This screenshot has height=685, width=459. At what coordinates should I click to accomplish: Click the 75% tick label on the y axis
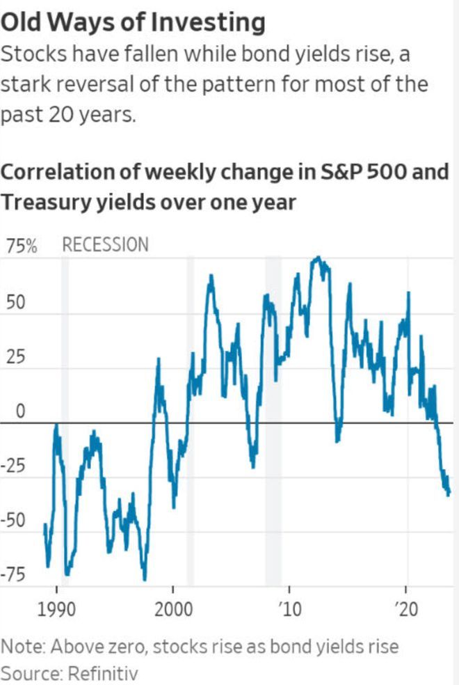pos(21,246)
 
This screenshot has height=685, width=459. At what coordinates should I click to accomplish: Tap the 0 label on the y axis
pos(20,412)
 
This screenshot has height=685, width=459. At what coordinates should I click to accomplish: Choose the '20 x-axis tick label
pos(405,611)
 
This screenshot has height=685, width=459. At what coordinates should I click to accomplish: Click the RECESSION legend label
pos(105,245)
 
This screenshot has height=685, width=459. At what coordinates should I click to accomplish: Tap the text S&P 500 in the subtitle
pos(355,171)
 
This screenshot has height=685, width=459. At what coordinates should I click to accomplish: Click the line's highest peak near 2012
pos(318,258)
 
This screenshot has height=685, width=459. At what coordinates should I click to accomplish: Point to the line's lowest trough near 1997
pos(145,579)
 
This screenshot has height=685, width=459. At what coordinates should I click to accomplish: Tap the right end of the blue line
pos(449,493)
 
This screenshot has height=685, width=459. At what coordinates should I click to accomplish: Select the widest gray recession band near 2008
pos(273,418)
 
